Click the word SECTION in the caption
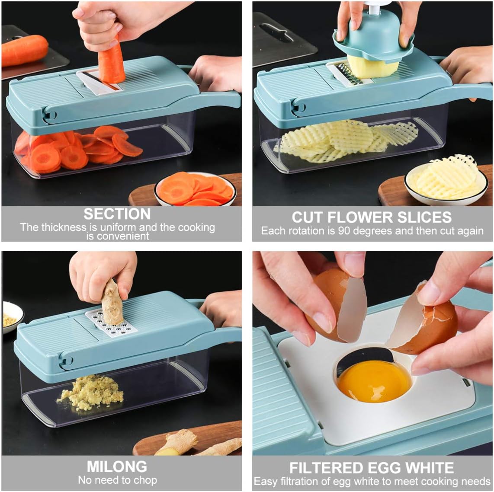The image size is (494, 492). click(x=117, y=214)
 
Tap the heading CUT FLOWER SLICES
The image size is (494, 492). click(x=372, y=217)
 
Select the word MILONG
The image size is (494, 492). click(x=117, y=466)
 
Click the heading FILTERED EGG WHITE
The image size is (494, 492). click(x=372, y=468)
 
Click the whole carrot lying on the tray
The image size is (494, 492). click(x=25, y=50)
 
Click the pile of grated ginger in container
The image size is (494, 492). click(x=91, y=392)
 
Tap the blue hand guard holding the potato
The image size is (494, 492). click(x=373, y=39)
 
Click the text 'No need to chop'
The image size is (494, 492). click(x=117, y=480)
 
